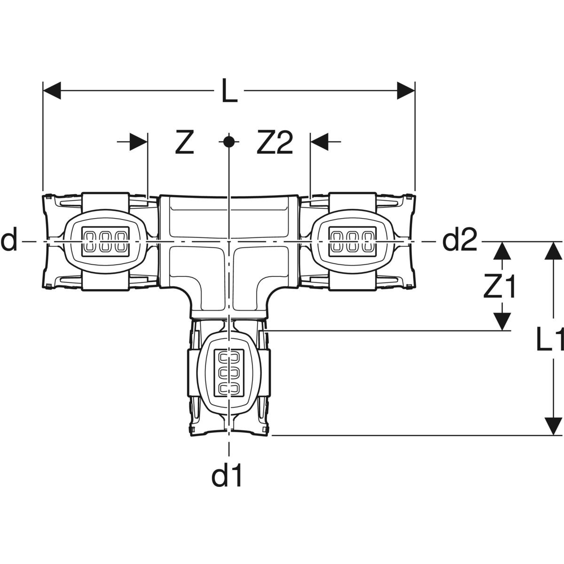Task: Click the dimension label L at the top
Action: click(229, 91)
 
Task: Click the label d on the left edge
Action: click(9, 241)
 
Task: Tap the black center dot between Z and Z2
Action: click(228, 141)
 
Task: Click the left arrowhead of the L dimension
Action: click(52, 91)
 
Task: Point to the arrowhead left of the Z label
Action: click(139, 142)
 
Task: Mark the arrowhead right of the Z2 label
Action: click(319, 142)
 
